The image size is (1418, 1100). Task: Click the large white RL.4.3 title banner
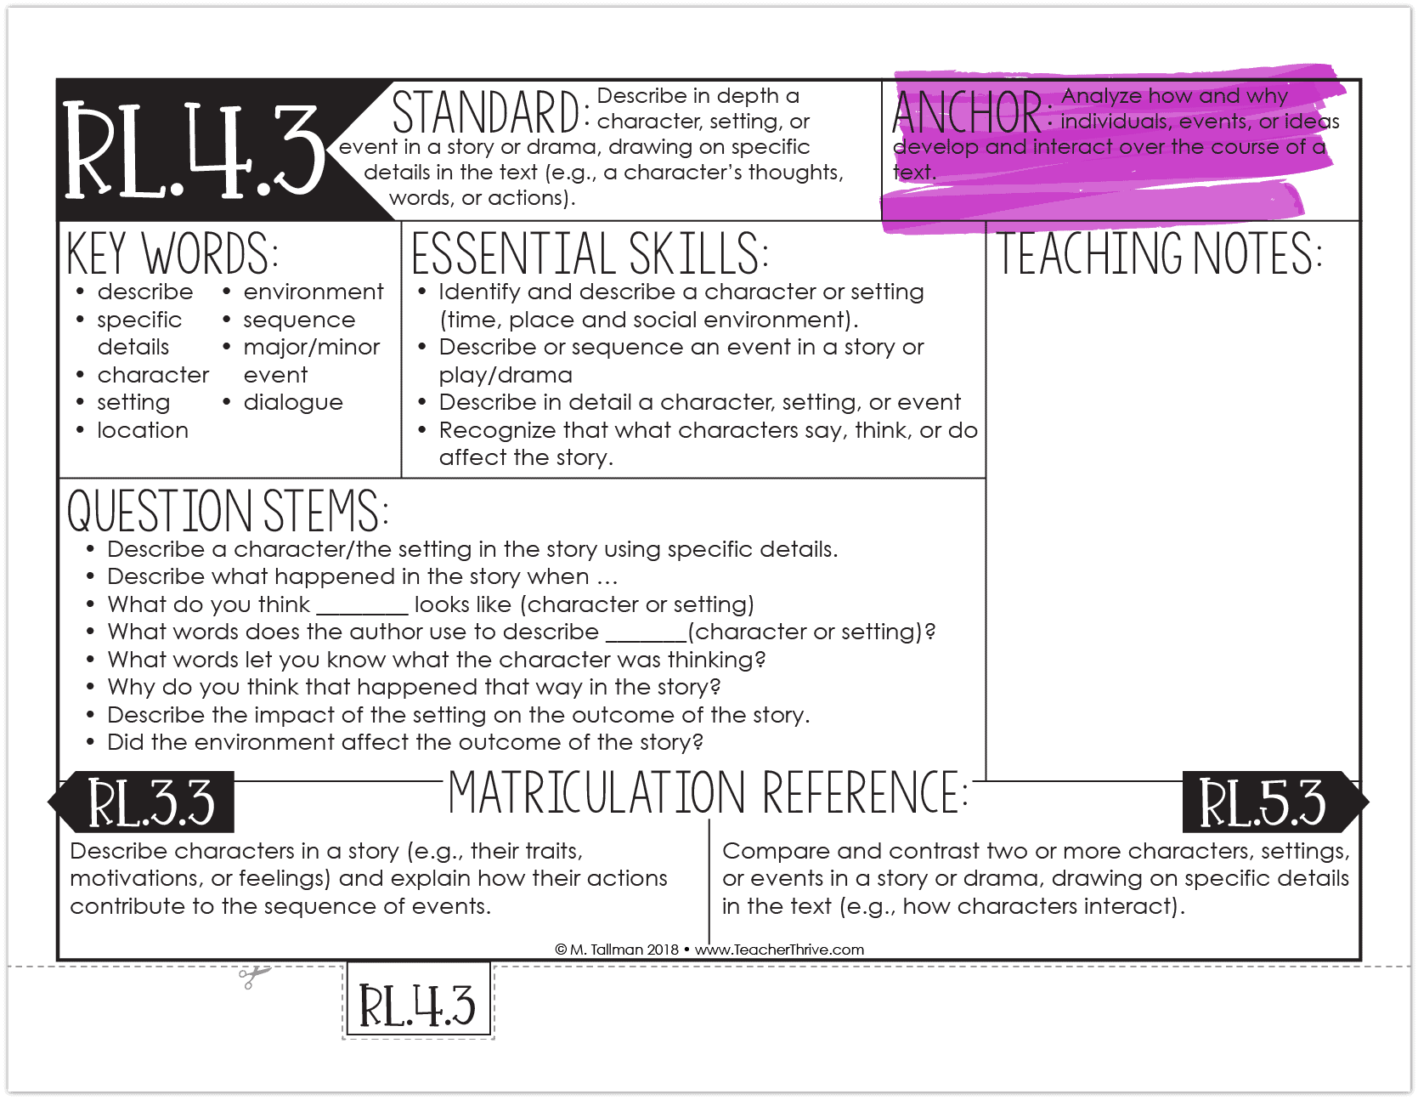tap(194, 150)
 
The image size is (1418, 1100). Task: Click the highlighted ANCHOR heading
tap(967, 112)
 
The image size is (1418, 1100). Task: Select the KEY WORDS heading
tap(172, 253)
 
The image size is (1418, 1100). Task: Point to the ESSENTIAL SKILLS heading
tap(589, 253)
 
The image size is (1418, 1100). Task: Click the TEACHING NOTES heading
tap(1159, 253)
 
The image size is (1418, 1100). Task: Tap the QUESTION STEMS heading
tap(227, 510)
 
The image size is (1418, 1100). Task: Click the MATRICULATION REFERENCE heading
tap(708, 792)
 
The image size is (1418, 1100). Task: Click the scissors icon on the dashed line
tap(252, 977)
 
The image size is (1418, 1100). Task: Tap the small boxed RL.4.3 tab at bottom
tap(418, 1005)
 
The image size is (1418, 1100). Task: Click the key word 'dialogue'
tap(293, 402)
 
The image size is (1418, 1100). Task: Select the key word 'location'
tap(143, 430)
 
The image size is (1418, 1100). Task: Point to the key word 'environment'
tap(314, 292)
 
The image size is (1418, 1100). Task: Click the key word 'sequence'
tap(299, 320)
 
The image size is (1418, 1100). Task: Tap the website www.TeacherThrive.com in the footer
tap(779, 950)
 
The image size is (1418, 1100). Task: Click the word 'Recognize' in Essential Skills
tap(497, 430)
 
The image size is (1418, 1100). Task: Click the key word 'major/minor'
tap(312, 347)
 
